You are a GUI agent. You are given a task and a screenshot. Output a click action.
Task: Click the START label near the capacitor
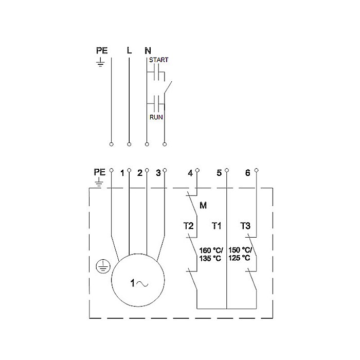pos(158,60)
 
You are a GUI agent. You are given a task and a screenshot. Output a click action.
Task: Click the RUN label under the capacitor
pos(156,117)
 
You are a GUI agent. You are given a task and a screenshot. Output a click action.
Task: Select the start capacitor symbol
pos(156,75)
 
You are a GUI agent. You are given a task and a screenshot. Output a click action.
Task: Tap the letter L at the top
pos(129,50)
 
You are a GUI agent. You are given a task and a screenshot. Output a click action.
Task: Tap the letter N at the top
pos(148,50)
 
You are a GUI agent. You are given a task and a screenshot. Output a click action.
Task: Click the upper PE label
pos(102,50)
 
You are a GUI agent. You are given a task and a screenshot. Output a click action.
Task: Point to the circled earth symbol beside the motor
pos(103,266)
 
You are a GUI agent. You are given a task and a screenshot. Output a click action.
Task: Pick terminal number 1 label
pos(122,173)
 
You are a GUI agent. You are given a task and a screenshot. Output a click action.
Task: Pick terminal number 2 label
pos(139,173)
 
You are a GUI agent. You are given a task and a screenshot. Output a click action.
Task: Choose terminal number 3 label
pos(158,173)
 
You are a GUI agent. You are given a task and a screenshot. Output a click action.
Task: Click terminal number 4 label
pos(190,173)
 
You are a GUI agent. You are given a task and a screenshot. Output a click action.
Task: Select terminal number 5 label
pos(219,173)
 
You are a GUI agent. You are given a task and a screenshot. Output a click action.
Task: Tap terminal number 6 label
pos(247,173)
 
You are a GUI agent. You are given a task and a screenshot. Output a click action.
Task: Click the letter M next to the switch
pos(203,206)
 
